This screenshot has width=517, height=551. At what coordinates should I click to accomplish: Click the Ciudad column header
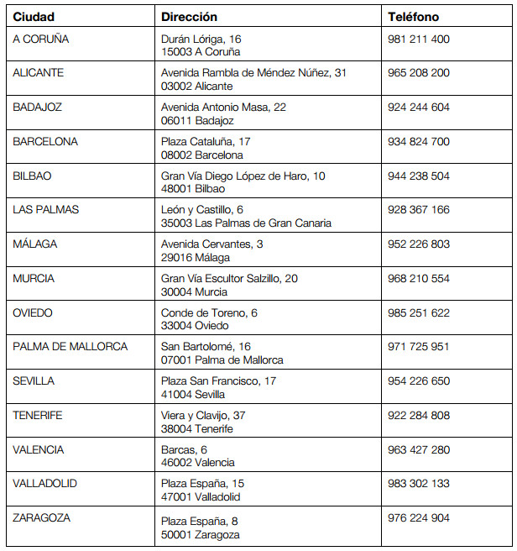click(34, 17)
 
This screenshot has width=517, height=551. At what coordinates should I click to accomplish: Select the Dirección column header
click(189, 17)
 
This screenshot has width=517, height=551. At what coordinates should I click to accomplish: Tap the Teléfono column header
click(414, 17)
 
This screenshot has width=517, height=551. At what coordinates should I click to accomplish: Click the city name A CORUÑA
click(41, 39)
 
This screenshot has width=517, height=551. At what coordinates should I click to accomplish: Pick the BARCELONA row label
click(45, 141)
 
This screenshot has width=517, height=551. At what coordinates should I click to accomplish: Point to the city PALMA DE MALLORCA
click(70, 346)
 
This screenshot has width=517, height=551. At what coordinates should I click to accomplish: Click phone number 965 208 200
click(419, 73)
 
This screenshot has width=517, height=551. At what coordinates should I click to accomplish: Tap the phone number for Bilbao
click(419, 176)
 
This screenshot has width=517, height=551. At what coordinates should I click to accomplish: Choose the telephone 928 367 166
click(419, 210)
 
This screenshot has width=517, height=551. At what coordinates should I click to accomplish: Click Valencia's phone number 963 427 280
click(419, 449)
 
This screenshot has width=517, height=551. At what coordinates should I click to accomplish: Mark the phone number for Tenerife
click(419, 415)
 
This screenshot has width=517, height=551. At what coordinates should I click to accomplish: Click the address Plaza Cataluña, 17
click(206, 141)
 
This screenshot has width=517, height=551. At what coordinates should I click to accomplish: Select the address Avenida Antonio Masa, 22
click(223, 108)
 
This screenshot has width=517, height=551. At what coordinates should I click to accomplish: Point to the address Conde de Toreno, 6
click(209, 312)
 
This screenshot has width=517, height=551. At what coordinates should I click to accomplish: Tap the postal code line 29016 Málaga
click(196, 258)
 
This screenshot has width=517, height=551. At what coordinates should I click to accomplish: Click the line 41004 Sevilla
click(193, 395)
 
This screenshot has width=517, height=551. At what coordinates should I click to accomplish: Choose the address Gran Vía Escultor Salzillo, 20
click(229, 278)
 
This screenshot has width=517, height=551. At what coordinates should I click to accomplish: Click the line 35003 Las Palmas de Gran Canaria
click(246, 223)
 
